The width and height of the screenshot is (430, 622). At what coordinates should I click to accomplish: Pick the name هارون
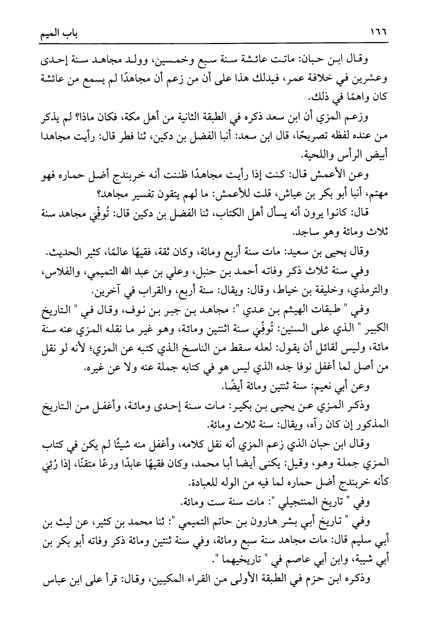[x=267, y=521]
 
